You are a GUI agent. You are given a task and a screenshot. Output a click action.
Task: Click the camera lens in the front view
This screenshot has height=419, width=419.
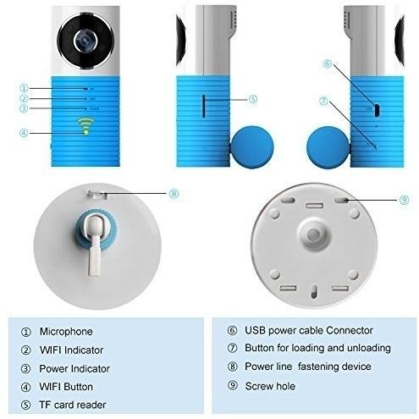coord(85,41)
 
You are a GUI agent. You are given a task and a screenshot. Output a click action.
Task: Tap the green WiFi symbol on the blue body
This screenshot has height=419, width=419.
coord(84,126)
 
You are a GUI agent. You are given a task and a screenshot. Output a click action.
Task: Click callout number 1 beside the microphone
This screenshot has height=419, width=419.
coord(24,88)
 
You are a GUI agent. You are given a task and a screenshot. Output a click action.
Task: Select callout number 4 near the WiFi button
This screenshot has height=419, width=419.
coord(24,133)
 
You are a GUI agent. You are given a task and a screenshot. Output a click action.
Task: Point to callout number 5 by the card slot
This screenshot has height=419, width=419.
coord(253,99)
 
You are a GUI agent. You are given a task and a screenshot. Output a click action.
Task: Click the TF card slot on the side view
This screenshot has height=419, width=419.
coord(204,106)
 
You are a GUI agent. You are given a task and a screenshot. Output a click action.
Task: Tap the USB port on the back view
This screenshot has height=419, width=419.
coord(377,110)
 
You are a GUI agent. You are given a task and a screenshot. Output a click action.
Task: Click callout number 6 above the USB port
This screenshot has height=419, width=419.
coord(328,63)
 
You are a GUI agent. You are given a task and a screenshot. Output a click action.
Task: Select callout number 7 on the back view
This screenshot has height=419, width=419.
coord(323,101)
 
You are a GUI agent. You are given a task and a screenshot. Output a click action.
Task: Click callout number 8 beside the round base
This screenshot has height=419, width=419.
coord(174,194)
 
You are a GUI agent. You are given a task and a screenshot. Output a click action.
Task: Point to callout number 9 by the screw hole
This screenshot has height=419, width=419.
coord(404,200)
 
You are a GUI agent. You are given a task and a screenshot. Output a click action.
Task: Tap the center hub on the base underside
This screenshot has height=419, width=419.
coord(313,234)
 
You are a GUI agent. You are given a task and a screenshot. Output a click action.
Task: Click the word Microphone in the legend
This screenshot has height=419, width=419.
coord(66,331)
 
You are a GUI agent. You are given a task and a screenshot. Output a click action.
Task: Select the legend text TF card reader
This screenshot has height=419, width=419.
coord(73,405)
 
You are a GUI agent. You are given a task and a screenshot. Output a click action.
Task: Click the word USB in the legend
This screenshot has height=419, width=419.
coord(256,330)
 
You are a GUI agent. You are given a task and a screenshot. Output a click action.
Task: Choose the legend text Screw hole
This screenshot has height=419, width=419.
coord(270,386)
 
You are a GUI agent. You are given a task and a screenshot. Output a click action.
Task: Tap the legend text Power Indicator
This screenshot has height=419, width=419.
coord(74,368)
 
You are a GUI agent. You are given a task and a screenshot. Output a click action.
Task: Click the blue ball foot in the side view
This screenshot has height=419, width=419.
coord(252,146)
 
